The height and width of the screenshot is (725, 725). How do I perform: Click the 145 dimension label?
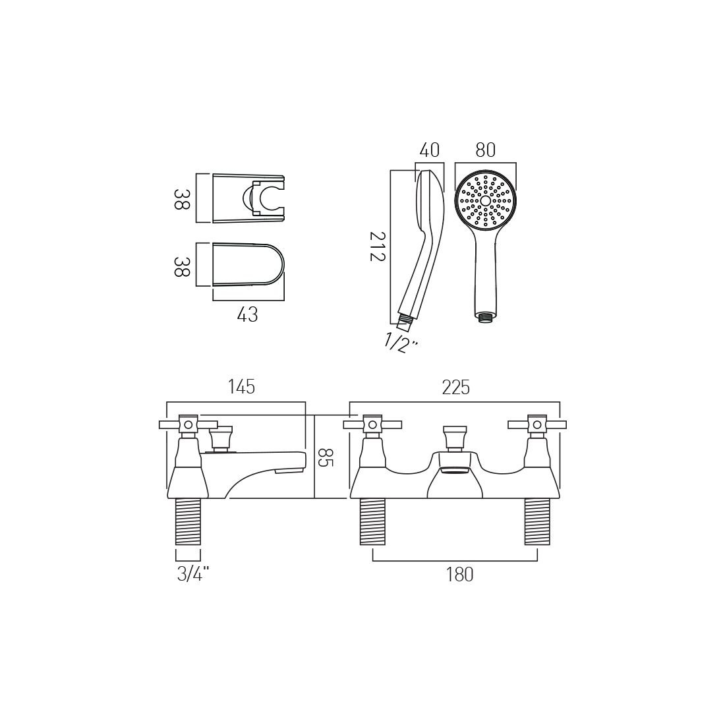(x=242, y=386)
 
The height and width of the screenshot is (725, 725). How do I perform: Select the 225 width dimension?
(x=456, y=388)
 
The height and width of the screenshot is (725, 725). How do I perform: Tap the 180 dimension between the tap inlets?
(x=459, y=574)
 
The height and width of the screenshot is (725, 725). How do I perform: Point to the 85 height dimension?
(x=326, y=456)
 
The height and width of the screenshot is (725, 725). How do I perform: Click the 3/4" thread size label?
(x=193, y=574)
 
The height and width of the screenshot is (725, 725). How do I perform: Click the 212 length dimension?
(x=377, y=246)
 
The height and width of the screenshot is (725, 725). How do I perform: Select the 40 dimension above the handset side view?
(x=429, y=150)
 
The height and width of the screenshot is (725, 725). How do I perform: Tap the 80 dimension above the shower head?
(x=485, y=150)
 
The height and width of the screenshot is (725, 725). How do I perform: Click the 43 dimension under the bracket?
(x=247, y=315)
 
